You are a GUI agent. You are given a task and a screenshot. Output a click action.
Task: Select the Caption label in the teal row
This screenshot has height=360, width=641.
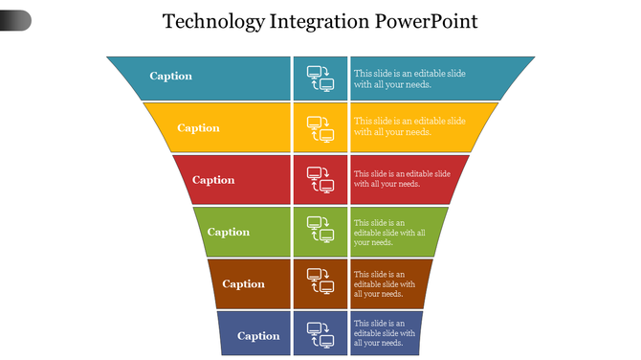(x=171, y=77)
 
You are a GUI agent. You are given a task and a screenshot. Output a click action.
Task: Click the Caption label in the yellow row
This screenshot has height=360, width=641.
(x=198, y=128)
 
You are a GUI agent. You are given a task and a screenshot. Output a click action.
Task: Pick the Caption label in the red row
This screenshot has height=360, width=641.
(x=213, y=180)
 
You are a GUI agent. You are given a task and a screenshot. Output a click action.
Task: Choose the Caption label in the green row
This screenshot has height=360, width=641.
(x=229, y=232)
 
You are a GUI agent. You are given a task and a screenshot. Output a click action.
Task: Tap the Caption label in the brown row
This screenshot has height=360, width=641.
(x=243, y=283)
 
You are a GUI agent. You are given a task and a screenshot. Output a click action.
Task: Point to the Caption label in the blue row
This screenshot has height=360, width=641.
(x=258, y=336)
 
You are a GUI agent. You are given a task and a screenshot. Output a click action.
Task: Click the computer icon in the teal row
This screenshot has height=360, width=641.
(x=320, y=78)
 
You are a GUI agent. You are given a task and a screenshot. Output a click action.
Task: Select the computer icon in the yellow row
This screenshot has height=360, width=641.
(x=320, y=129)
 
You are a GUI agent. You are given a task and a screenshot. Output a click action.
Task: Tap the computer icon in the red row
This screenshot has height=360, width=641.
(x=320, y=180)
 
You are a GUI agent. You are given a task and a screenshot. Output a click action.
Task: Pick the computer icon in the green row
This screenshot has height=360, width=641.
(x=320, y=232)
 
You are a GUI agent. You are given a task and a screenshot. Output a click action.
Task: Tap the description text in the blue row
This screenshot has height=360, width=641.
(x=385, y=333)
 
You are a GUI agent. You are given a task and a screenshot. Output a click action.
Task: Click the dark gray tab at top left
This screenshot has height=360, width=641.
(x=15, y=19)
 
